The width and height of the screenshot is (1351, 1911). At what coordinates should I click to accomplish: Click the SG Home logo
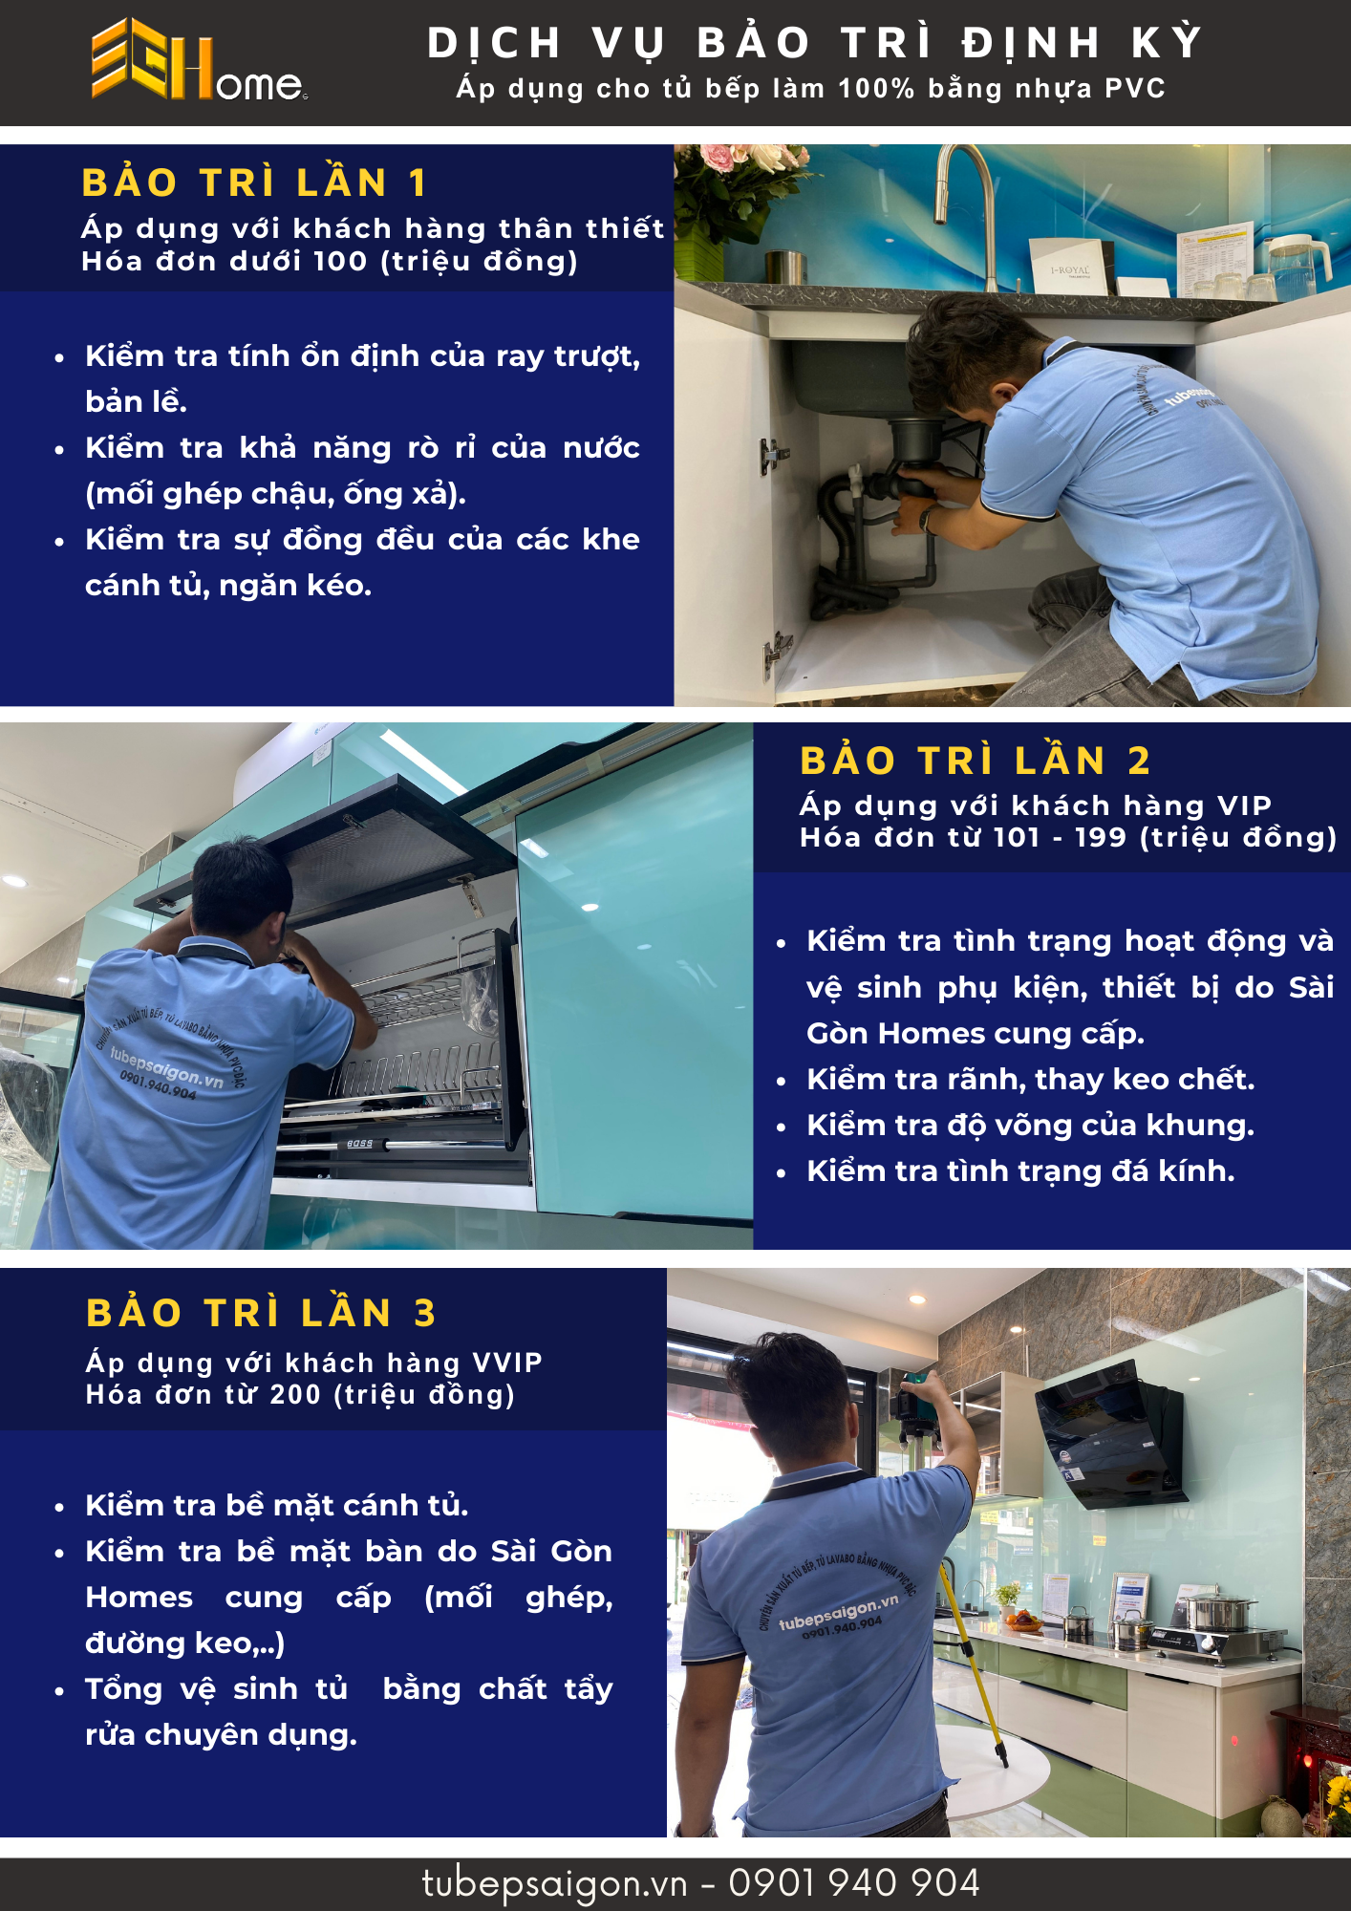[199, 60]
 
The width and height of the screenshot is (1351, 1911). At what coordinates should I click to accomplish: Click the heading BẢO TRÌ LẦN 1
[254, 183]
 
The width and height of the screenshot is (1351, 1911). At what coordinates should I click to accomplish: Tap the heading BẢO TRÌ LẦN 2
[975, 761]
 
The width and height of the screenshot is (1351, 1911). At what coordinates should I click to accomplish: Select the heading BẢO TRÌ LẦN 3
[261, 1313]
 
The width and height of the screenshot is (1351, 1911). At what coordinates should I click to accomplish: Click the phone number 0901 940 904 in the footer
[854, 1883]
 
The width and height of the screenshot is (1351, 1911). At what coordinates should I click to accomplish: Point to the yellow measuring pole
[974, 1663]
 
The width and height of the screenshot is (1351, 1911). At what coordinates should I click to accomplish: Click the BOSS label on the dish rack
[360, 1144]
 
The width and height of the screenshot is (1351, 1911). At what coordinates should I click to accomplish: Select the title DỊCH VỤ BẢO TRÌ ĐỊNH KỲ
[814, 43]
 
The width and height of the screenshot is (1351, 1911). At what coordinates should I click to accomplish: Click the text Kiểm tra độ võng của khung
[1030, 1126]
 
